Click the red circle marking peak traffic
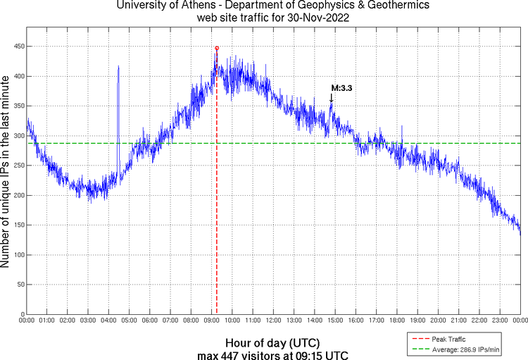click(x=217, y=48)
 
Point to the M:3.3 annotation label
click(x=342, y=88)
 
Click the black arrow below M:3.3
click(x=332, y=101)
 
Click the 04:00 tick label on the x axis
click(x=108, y=321)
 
